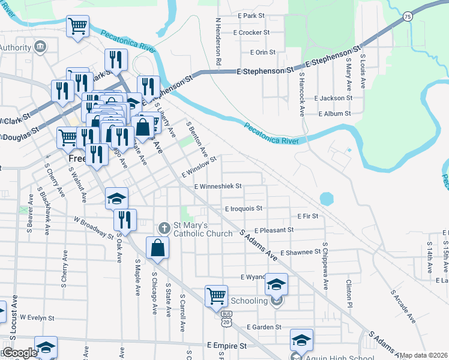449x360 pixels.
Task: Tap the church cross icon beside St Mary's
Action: tap(163, 228)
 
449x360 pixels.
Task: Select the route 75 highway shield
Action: tap(408, 17)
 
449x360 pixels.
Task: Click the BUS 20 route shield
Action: tap(226, 318)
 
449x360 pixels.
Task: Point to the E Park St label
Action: tap(251, 15)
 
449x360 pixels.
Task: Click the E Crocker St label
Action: tap(251, 32)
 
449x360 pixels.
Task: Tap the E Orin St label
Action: tap(262, 52)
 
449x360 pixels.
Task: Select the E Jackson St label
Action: tap(333, 98)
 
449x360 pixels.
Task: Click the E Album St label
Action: tap(334, 113)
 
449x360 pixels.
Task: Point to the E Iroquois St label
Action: tap(244, 208)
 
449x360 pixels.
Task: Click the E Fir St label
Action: tap(307, 215)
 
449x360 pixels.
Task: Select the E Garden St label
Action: tap(264, 327)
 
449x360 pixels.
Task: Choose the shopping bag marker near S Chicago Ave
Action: tap(157, 248)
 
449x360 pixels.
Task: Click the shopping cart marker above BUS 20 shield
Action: tap(216, 296)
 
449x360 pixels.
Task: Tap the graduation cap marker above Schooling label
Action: tap(276, 283)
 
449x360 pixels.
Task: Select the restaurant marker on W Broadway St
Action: tap(125, 220)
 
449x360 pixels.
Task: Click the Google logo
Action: tap(19, 353)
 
